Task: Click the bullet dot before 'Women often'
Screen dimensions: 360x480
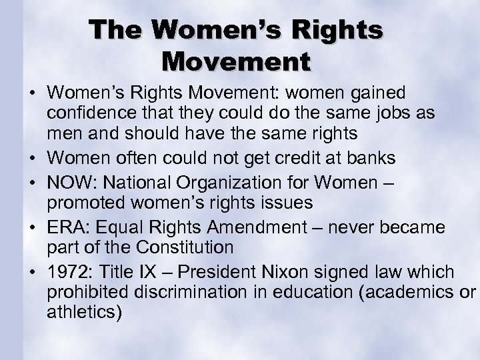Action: coord(33,158)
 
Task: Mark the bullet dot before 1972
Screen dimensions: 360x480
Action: coord(33,273)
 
